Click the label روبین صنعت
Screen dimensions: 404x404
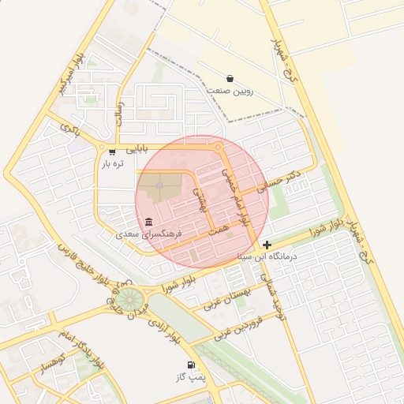229,91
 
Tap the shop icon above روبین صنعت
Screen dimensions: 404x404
230,78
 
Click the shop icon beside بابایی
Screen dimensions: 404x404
112,151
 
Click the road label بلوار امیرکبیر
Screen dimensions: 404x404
69,80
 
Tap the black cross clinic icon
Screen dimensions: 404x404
267,245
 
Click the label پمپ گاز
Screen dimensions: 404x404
191,378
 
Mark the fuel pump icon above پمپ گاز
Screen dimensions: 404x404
191,365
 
